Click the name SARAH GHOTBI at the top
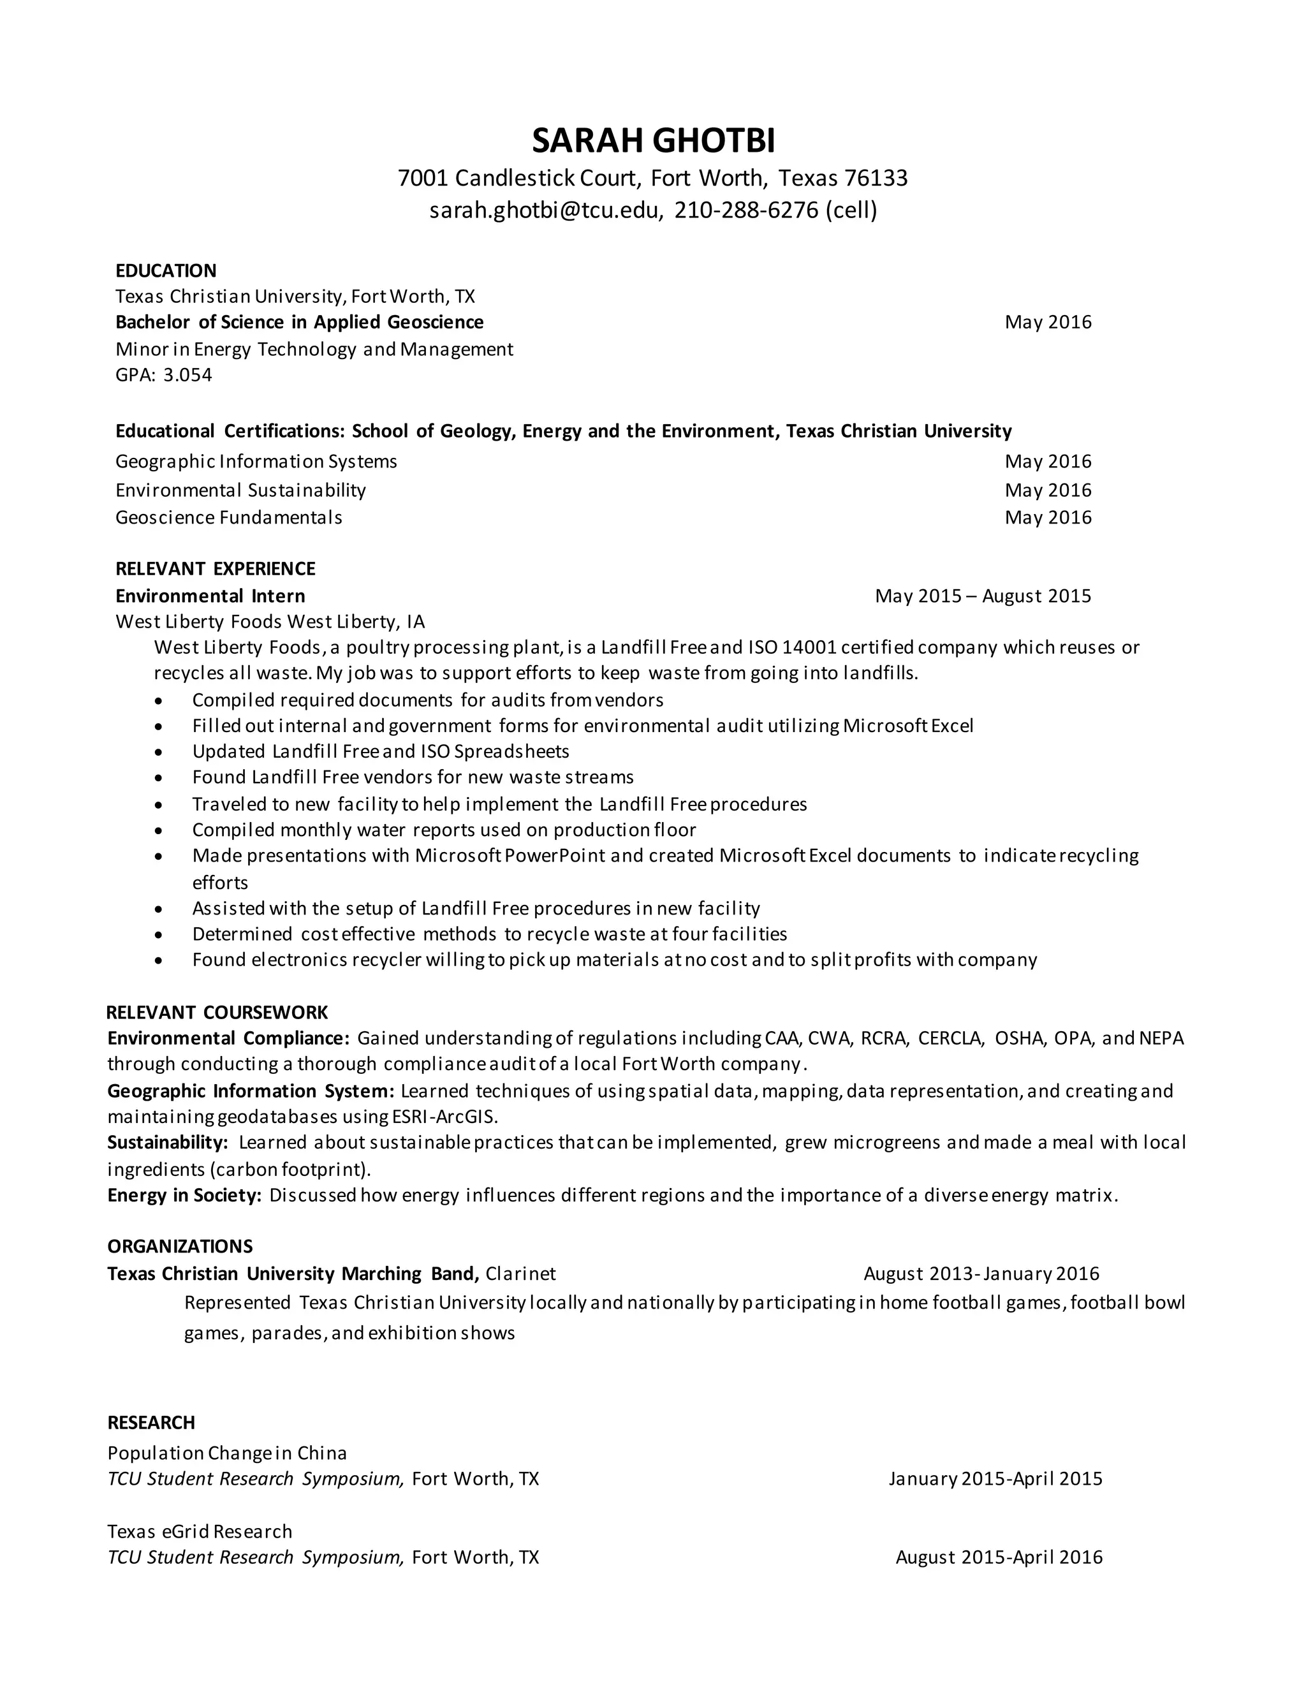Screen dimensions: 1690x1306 coord(653,141)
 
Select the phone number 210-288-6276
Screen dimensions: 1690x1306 coord(746,210)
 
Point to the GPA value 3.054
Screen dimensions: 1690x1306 coord(187,375)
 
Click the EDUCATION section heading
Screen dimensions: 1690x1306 coord(166,271)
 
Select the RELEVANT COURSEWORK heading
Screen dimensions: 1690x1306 coord(217,1012)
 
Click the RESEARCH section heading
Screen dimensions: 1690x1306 coord(151,1422)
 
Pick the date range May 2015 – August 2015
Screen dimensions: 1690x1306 coord(983,596)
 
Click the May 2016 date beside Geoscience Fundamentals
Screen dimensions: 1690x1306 coord(1048,517)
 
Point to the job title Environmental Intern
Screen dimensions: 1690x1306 coord(210,596)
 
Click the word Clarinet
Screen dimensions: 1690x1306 coord(521,1274)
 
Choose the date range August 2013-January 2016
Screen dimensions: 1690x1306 coord(981,1274)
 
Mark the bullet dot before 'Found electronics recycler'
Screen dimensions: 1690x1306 coord(159,960)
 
